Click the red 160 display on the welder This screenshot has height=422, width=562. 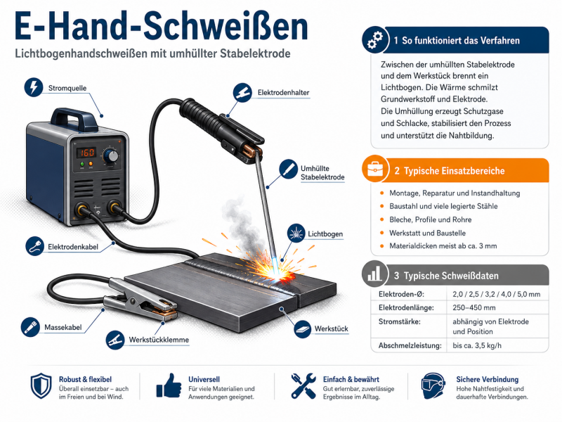click(x=86, y=153)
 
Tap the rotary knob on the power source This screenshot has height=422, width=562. click(x=112, y=156)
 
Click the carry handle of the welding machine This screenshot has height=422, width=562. click(x=74, y=118)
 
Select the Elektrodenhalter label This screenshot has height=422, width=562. click(x=283, y=93)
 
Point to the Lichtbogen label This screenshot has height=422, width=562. click(x=325, y=234)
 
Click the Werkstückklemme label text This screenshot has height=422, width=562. click(x=159, y=340)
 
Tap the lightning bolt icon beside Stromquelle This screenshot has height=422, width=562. click(x=34, y=87)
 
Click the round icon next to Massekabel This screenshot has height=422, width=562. click(x=30, y=327)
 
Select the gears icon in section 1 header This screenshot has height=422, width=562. click(x=375, y=39)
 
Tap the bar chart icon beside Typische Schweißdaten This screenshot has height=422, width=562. click(x=374, y=274)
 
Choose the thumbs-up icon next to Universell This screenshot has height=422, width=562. click(x=169, y=385)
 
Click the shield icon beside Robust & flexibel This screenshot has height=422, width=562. click(x=41, y=385)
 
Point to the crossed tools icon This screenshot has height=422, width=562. click(x=303, y=385)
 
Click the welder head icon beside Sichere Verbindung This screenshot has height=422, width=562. click(x=433, y=385)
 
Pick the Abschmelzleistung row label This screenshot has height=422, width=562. click(x=410, y=345)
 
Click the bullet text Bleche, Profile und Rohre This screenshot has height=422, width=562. click(x=430, y=219)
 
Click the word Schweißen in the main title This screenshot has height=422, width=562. click(x=226, y=27)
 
